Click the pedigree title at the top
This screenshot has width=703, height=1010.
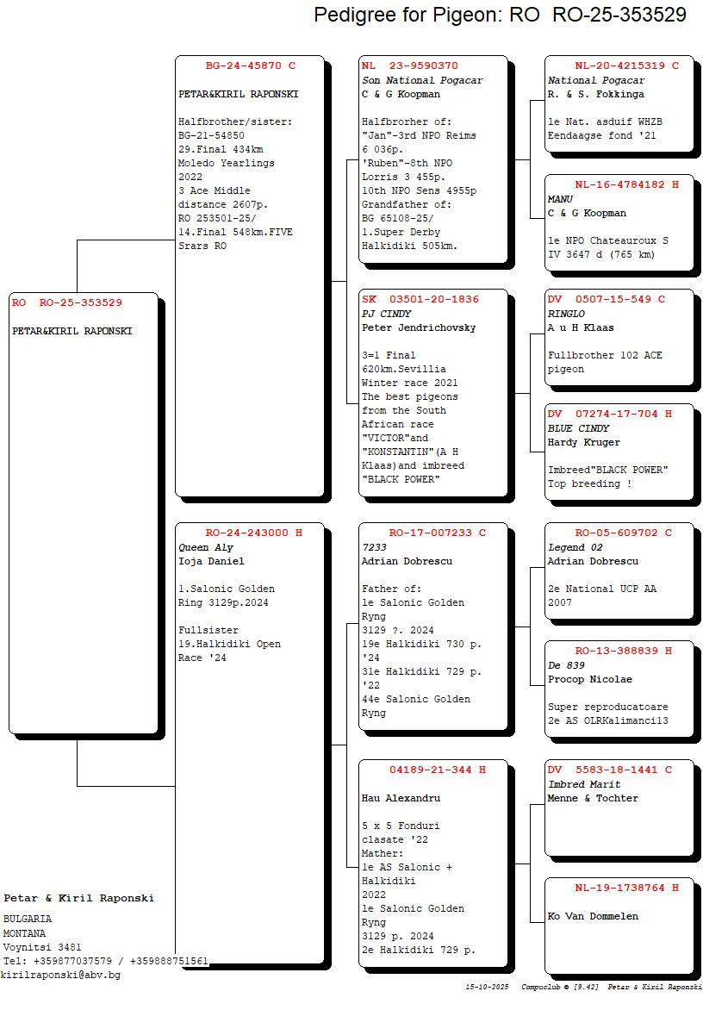coord(500,15)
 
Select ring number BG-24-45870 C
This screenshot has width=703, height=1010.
coord(250,65)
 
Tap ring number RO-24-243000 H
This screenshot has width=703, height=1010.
coord(253,533)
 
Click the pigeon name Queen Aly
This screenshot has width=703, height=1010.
coord(206,547)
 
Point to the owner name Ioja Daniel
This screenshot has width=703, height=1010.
coord(211,561)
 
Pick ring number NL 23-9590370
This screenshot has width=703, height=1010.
coord(410,65)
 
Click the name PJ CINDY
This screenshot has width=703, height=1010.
coord(386,314)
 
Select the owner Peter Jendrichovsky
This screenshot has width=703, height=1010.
coord(419,327)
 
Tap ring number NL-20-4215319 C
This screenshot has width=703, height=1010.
coord(626,65)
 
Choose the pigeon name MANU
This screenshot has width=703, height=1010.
coord(560,199)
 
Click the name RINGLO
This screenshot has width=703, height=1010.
coord(566,314)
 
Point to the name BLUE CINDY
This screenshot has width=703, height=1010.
coord(578,428)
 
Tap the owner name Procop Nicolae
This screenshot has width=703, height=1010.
coord(589,679)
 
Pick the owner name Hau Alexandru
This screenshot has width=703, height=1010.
coord(401,798)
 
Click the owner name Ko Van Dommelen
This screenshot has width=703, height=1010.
coord(593,916)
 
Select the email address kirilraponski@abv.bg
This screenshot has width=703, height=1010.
coord(60,975)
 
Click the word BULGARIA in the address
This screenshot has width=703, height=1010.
coord(28,919)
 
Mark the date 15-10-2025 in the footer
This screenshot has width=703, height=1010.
coord(488,986)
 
